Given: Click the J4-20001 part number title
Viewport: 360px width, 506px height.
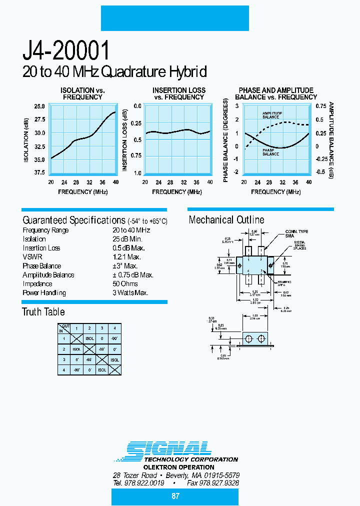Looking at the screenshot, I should (x=66, y=51).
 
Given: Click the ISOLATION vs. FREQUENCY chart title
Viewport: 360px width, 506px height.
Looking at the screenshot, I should (x=82, y=93).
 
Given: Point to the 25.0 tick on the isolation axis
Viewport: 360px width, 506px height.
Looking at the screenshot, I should (x=39, y=106).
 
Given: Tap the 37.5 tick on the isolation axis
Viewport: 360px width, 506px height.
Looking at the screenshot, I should (x=39, y=172).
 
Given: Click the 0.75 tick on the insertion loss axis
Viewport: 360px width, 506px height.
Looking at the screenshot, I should (x=136, y=155).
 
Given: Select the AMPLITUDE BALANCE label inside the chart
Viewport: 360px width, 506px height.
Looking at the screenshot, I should (x=272, y=115).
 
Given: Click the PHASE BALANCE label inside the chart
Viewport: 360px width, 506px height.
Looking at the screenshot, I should (x=270, y=152).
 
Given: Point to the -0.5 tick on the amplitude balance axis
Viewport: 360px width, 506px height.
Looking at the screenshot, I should (x=320, y=172).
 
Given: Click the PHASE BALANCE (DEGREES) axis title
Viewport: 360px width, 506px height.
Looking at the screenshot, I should (x=226, y=140).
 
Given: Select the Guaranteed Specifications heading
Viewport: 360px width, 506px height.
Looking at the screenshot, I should (x=73, y=220).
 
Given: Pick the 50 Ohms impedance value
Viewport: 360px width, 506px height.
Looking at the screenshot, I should (x=125, y=284).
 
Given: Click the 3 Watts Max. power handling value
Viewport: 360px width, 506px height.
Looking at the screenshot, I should (x=130, y=293).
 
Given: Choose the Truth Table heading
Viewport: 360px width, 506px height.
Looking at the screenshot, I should (x=43, y=312).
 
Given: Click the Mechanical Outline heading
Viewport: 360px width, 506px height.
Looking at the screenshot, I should (x=226, y=220).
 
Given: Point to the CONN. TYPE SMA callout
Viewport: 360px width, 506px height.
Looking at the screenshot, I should (x=296, y=233).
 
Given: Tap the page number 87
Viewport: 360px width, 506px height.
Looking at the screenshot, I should (x=175, y=496).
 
